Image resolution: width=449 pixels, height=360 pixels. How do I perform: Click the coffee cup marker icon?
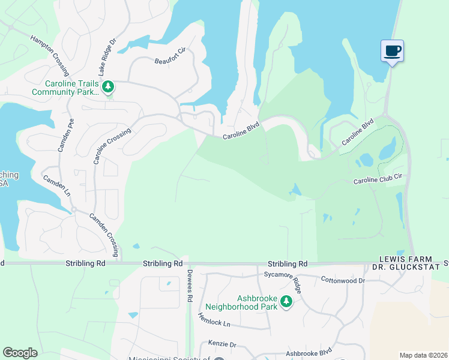coord(393,51)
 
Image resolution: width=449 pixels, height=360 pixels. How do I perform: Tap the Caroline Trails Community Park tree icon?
coord(108,88)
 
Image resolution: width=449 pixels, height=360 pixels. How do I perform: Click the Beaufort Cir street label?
coord(167,61)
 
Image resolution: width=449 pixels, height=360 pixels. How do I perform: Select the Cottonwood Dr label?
coord(343,280)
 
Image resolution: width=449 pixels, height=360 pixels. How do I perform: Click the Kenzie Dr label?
coord(223,345)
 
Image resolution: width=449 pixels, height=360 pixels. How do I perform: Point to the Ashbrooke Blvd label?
coord(309,353)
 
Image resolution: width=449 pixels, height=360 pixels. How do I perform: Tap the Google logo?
coord(20,353)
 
